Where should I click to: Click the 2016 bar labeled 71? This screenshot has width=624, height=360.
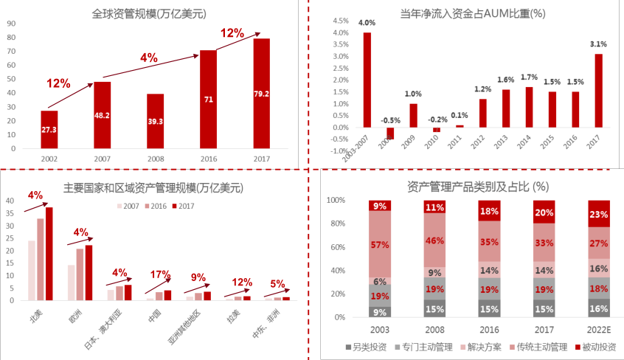coord(208,100)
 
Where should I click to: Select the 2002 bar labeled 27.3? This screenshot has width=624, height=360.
coord(49,130)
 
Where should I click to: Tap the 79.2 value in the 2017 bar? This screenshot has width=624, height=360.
coord(262,94)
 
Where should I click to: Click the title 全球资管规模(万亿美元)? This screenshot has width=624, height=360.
coord(148,13)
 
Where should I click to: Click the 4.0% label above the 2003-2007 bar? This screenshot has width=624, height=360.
coord(366,23)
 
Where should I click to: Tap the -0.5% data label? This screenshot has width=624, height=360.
coord(390,121)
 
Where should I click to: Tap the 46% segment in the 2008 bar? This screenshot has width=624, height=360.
coord(434,240)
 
